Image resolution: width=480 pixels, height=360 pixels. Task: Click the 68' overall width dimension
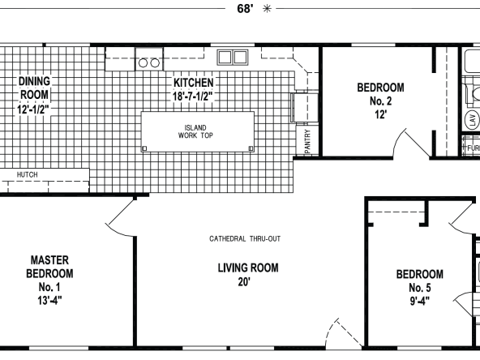(245, 9)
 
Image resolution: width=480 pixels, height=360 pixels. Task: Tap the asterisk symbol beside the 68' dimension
(267, 9)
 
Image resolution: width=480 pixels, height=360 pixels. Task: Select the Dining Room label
(34, 88)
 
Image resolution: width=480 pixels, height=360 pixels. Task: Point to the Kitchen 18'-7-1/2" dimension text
(192, 96)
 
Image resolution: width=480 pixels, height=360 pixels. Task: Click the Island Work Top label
(195, 131)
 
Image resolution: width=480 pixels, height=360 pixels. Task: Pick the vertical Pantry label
(307, 141)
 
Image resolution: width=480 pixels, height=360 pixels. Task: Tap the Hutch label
(28, 175)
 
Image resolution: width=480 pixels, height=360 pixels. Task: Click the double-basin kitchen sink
(233, 58)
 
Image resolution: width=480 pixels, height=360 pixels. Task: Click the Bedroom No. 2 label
(380, 94)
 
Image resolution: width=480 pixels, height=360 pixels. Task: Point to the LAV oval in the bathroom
(473, 119)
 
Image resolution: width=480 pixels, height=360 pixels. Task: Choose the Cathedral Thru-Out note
(245, 238)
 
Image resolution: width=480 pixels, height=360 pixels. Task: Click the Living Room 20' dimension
(244, 281)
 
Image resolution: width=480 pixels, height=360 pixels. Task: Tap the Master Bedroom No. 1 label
(49, 273)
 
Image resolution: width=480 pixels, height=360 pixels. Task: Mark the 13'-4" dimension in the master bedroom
(49, 300)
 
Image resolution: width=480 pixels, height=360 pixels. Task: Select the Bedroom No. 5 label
(420, 281)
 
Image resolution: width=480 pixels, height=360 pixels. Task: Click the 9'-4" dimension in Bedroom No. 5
(420, 302)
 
